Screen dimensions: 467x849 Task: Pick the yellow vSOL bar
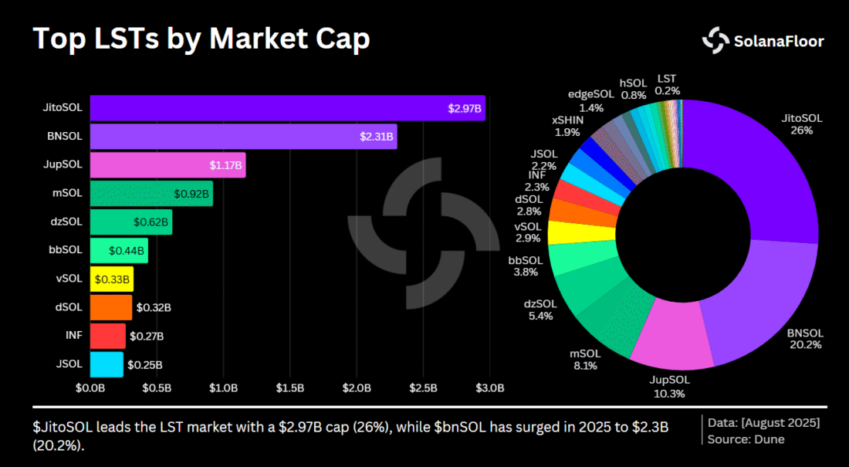point(111,278)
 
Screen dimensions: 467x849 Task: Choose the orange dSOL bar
point(111,307)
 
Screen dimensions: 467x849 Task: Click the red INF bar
point(107,336)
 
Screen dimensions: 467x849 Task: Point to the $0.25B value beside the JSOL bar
point(145,364)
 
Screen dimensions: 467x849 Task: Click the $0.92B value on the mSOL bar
point(191,194)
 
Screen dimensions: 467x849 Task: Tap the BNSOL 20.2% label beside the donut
point(805,339)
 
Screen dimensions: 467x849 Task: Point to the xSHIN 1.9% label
point(567,126)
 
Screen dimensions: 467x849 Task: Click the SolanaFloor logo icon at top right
point(715,40)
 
